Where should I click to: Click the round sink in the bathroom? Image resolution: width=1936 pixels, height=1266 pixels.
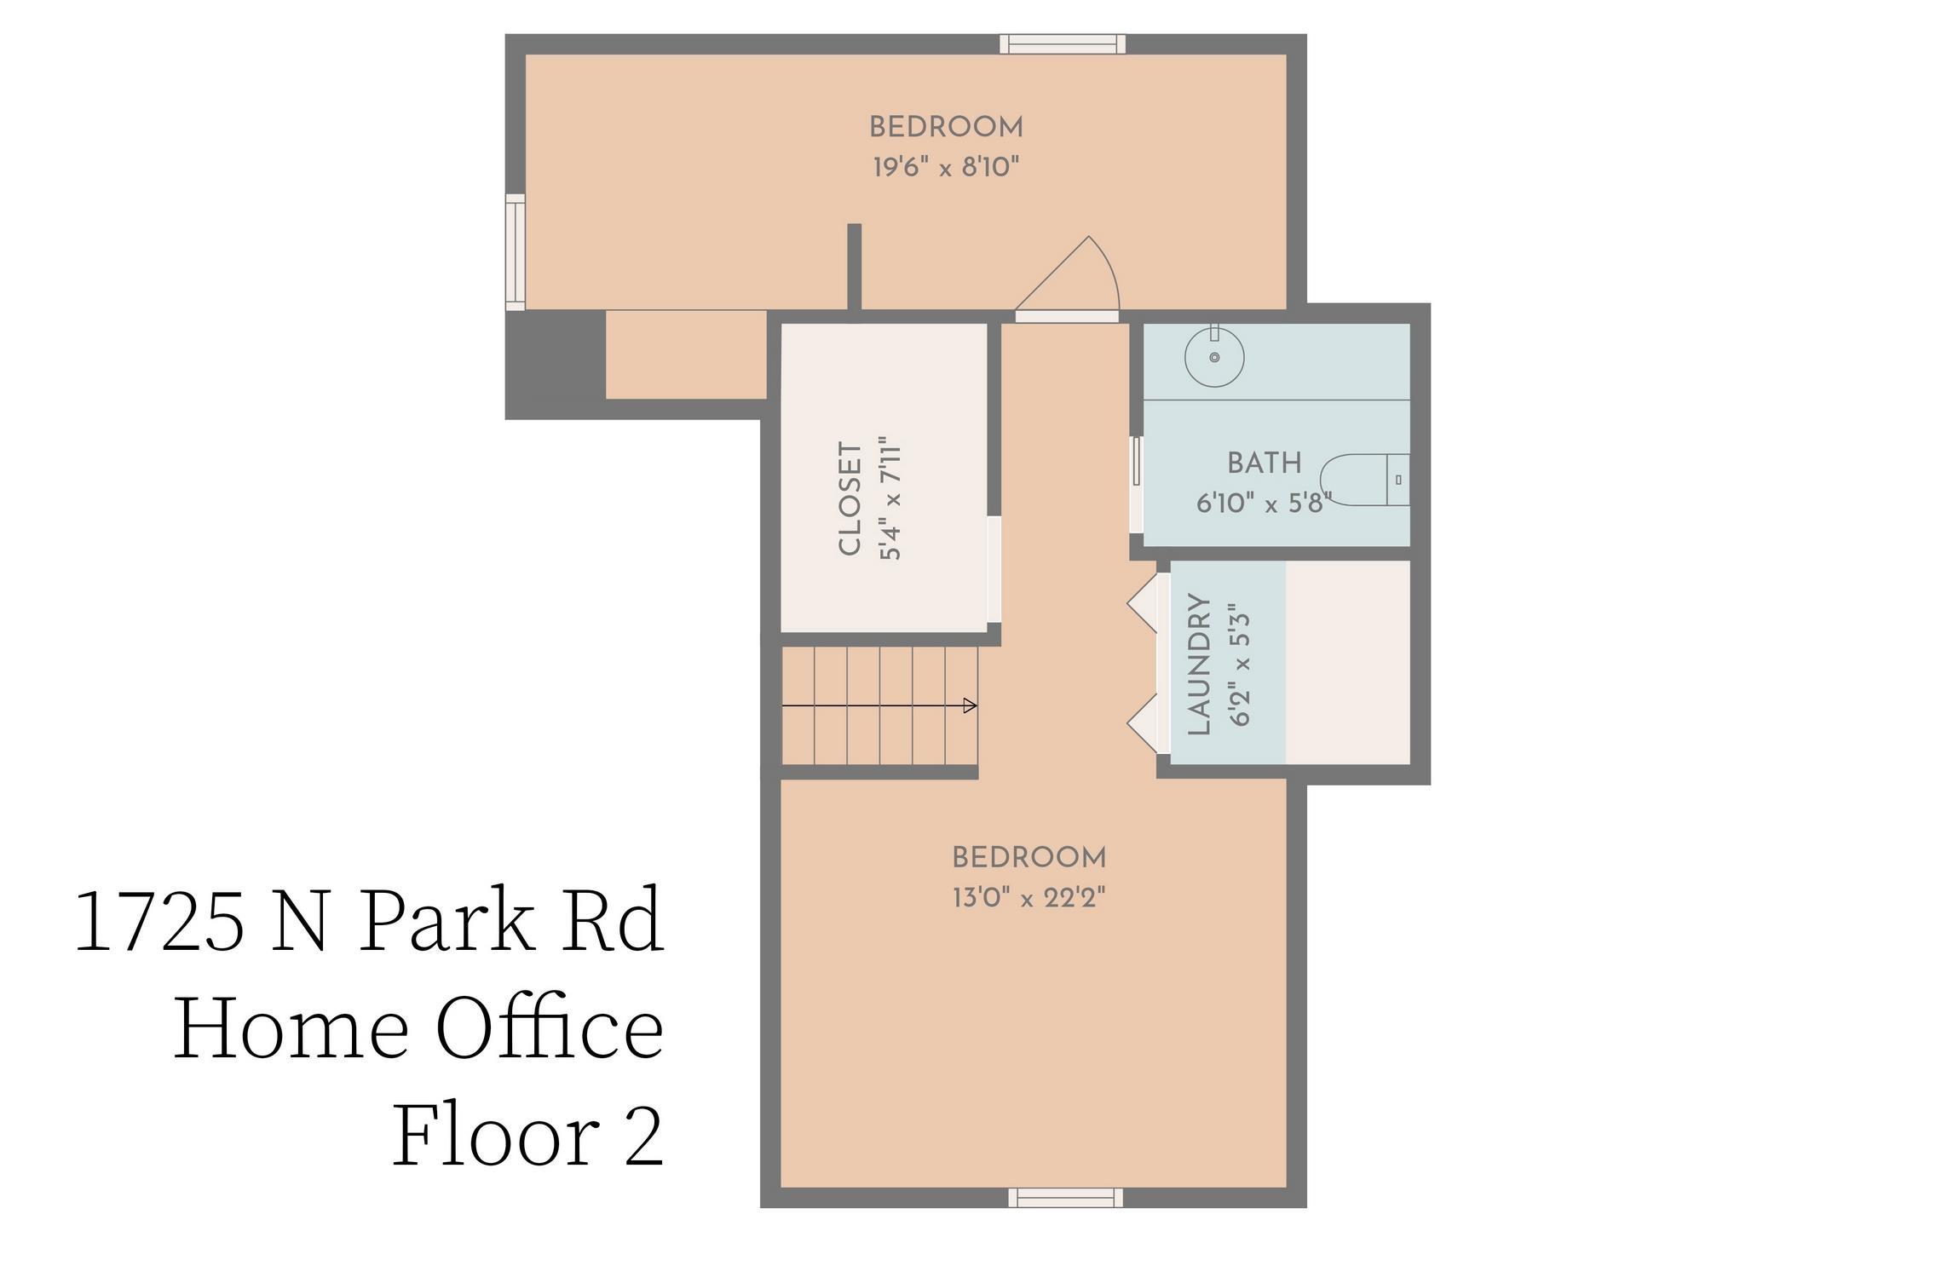(1214, 357)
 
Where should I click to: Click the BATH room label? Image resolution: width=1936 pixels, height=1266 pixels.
(1264, 463)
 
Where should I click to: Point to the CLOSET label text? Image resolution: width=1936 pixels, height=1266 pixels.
(850, 498)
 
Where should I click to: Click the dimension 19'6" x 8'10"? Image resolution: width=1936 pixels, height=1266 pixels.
(946, 167)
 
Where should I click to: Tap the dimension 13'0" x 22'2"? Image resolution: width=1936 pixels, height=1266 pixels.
(1028, 898)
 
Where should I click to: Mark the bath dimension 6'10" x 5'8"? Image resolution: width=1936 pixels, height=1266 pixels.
(1263, 504)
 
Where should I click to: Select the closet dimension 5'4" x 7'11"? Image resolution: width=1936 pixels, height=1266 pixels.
(890, 498)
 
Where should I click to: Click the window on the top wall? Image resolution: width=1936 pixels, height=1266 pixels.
(1062, 43)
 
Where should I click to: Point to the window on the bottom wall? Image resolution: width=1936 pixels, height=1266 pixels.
(1065, 1197)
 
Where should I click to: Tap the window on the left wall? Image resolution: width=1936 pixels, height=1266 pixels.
(515, 252)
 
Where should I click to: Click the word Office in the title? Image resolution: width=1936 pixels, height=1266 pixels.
(550, 1028)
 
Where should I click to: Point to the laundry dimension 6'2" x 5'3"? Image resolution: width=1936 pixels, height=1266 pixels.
(1240, 664)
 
